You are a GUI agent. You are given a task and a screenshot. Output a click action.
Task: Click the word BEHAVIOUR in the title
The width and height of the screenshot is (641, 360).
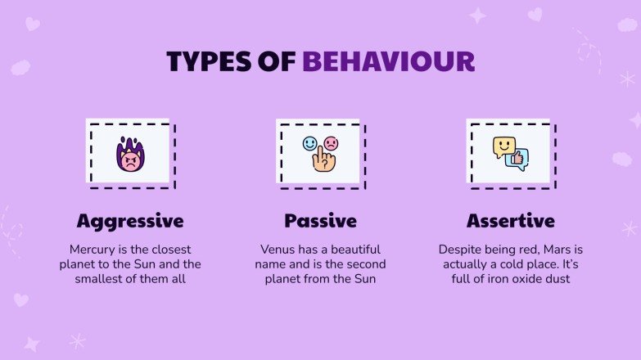point(388,62)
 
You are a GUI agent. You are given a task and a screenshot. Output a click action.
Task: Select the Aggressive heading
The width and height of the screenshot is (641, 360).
point(130,221)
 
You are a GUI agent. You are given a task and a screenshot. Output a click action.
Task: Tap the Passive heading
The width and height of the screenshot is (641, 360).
point(320,221)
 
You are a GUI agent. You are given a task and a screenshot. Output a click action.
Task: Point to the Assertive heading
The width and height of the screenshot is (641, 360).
point(511,221)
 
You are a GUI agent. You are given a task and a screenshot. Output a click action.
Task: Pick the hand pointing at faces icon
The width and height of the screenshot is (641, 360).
point(320,153)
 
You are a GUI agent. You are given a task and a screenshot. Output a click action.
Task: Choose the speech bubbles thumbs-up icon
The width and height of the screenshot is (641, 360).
point(511,153)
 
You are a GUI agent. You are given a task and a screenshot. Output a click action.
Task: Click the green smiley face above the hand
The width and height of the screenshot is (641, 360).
point(309,143)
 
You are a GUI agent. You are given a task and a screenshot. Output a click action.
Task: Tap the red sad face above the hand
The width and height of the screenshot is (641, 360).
point(330,144)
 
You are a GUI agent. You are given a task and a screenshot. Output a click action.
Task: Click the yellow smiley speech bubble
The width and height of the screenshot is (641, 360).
point(503,146)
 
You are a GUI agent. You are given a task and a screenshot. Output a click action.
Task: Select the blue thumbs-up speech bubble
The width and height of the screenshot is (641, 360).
point(518,159)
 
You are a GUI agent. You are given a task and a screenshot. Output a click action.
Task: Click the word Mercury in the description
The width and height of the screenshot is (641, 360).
point(93,249)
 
